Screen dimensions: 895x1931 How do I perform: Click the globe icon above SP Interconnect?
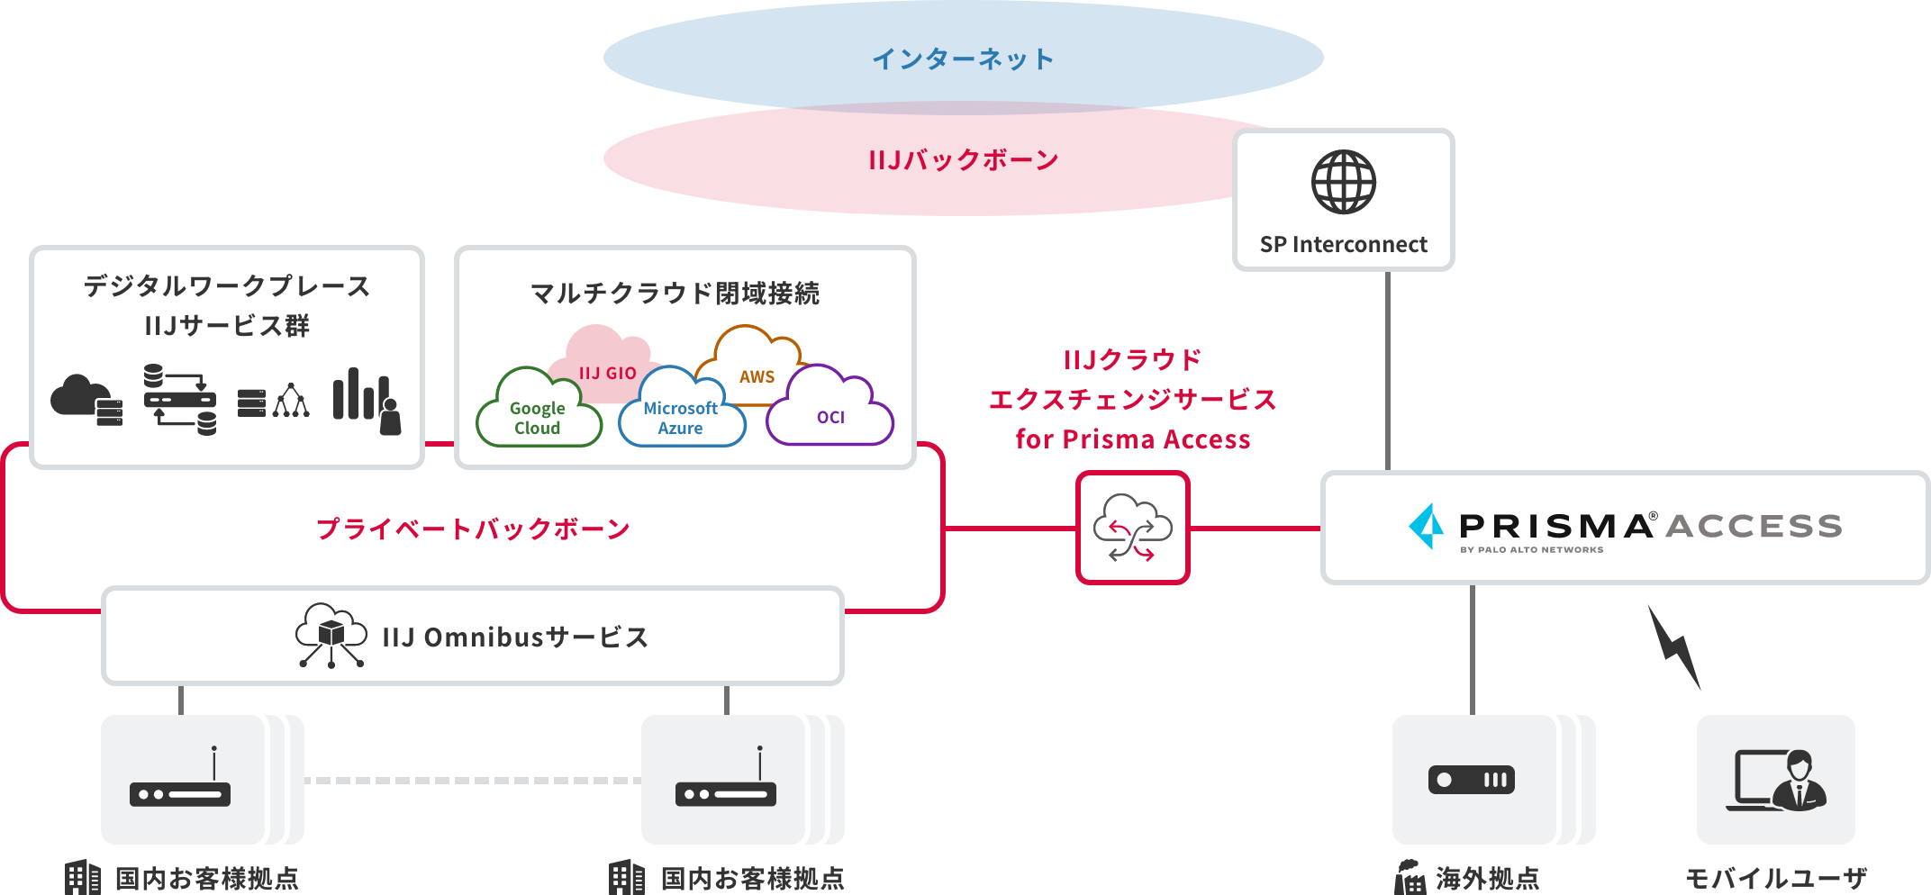pyautogui.click(x=1343, y=182)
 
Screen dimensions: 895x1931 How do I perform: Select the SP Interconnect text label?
pyautogui.click(x=1343, y=245)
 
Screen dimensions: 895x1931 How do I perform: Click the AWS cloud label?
pyautogui.click(x=757, y=375)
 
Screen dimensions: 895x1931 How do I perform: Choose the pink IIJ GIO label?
pyautogui.click(x=607, y=372)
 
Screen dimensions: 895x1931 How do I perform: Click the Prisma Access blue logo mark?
pyautogui.click(x=1427, y=526)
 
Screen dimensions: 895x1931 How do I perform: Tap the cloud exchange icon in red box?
pyautogui.click(x=1132, y=528)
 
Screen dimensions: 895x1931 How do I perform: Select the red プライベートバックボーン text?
pyautogui.click(x=473, y=529)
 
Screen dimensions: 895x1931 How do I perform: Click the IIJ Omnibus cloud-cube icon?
pyautogui.click(x=331, y=636)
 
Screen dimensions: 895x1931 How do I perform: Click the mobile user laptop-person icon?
pyautogui.click(x=1775, y=780)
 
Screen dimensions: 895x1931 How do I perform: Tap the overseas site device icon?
pyautogui.click(x=1472, y=780)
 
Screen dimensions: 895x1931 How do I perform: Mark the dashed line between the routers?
pyautogui.click(x=472, y=781)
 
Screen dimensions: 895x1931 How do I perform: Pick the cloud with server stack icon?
pyautogui.click(x=86, y=401)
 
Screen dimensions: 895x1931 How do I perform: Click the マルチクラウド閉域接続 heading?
pyautogui.click(x=675, y=294)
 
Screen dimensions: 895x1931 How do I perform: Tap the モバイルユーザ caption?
pyautogui.click(x=1775, y=878)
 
